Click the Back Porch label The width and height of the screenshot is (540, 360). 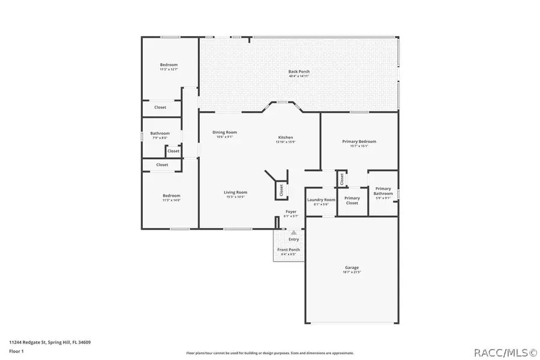coord(299,71)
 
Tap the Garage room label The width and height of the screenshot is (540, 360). coord(352,268)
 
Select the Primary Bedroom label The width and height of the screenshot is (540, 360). coord(359,142)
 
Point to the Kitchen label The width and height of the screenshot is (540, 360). coord(285,137)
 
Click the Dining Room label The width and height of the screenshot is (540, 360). coord(224,132)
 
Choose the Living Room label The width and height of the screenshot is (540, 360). coord(236,193)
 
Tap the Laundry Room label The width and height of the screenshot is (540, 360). coord(321,200)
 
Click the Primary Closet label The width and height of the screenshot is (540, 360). coord(352,200)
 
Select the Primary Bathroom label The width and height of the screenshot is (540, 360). coord(383,191)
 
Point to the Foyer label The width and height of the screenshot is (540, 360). coord(290,212)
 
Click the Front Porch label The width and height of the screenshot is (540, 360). coord(288,250)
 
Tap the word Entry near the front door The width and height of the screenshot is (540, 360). coord(293,239)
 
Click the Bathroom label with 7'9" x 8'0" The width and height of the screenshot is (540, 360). coord(160,134)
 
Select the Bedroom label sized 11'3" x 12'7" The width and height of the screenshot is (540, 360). coord(169,65)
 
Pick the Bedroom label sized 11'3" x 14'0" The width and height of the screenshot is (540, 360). coord(171,196)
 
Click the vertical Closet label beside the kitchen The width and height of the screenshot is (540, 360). coord(281,190)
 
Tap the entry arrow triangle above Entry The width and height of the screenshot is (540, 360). coord(293,232)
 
